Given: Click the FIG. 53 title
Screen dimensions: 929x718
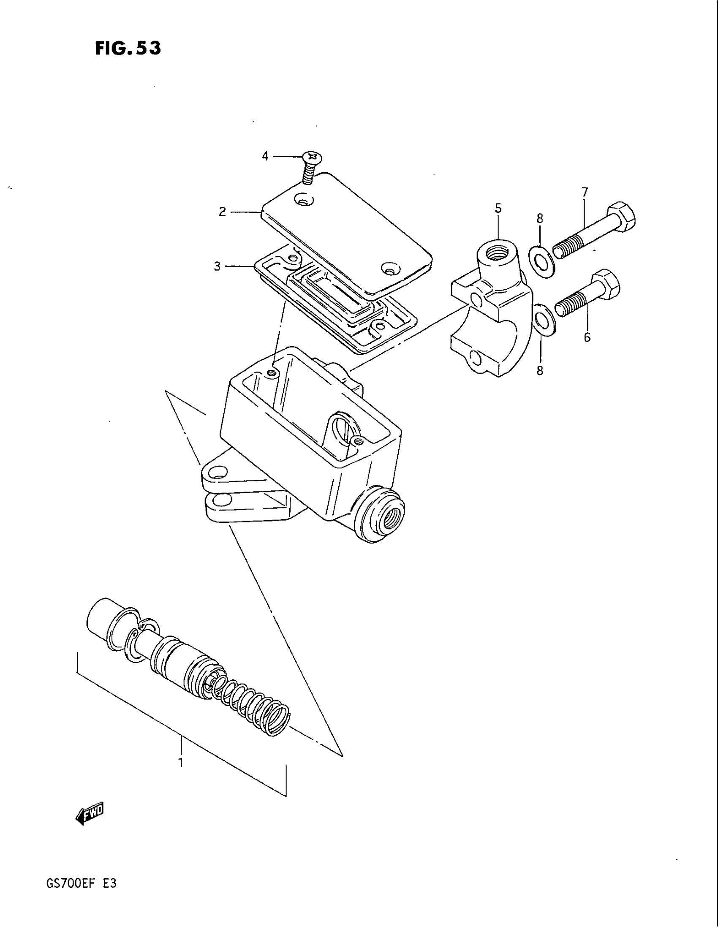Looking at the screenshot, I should tap(128, 49).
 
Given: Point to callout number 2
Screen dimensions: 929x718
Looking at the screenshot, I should tap(223, 212).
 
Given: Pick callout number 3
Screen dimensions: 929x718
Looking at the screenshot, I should tap(218, 267).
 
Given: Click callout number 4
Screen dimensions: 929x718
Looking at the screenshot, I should tap(265, 157).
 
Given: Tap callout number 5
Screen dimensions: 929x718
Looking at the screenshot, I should tap(498, 209).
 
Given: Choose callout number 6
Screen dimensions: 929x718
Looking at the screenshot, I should tap(587, 337).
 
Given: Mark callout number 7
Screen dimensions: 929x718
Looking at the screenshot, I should tap(585, 193).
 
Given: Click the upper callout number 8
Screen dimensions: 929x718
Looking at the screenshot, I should tap(540, 219).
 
